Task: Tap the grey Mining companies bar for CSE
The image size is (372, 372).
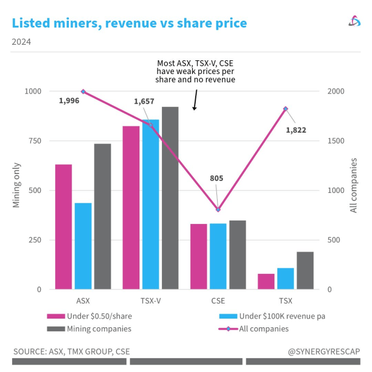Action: click(237, 254)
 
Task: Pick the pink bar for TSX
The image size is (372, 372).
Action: click(266, 281)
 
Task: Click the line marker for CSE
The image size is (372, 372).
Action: click(218, 210)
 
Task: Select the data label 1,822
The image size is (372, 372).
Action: click(296, 130)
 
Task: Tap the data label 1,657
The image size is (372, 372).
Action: click(144, 101)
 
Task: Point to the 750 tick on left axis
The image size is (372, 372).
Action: click(34, 141)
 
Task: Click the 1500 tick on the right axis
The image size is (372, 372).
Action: click(335, 141)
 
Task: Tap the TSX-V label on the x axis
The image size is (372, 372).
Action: click(150, 300)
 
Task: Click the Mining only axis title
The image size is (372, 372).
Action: click(17, 190)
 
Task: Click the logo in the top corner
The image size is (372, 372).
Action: click(354, 21)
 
